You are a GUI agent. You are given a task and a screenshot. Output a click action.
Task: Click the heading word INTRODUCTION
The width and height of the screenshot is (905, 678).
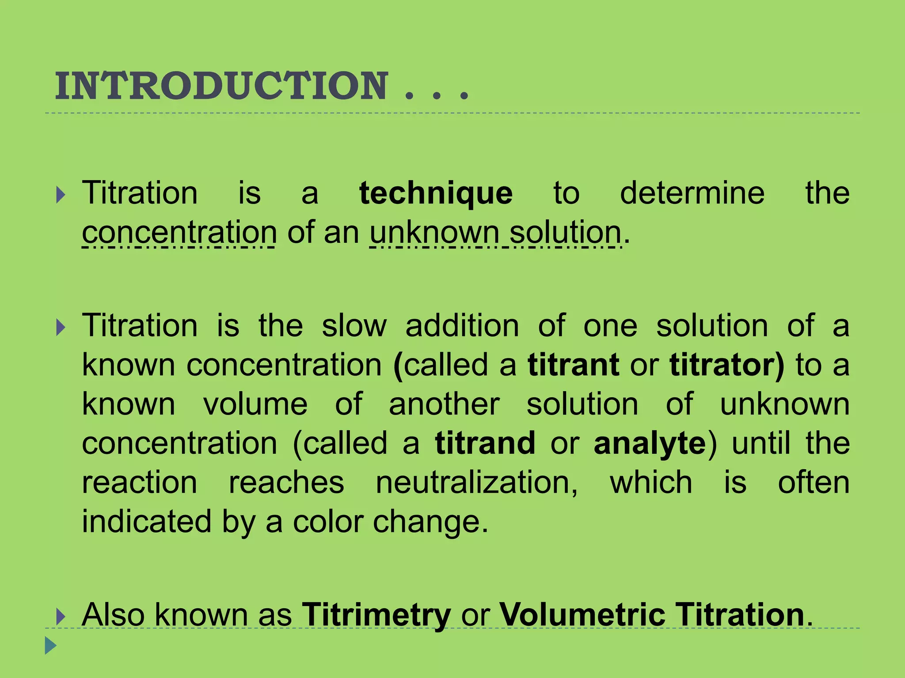click(221, 86)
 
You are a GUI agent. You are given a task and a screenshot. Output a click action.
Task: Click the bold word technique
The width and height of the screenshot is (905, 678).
click(436, 194)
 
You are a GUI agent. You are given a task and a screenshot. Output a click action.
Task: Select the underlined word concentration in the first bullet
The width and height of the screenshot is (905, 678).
click(179, 233)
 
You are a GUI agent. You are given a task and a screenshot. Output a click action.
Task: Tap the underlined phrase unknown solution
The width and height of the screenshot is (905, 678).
click(495, 233)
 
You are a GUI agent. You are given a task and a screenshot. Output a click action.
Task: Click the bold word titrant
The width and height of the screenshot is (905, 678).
click(573, 365)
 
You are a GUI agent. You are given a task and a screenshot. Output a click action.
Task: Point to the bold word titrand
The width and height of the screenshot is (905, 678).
click(485, 444)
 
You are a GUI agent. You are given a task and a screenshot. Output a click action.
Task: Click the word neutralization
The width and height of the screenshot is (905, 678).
click(476, 483)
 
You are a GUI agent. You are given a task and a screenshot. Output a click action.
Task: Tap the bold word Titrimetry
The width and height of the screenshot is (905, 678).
click(376, 615)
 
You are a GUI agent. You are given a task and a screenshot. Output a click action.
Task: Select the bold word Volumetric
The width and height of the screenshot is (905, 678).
click(582, 615)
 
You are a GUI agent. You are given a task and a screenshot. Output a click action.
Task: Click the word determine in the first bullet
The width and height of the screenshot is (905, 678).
click(692, 194)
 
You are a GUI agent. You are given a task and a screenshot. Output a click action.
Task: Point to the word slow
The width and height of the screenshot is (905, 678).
click(354, 326)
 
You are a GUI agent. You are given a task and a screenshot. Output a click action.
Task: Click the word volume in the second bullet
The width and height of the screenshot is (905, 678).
click(255, 404)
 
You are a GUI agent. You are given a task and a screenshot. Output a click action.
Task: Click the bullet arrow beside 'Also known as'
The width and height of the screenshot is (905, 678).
click(61, 616)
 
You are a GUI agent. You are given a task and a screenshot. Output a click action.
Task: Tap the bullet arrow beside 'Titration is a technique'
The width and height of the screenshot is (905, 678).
click(61, 195)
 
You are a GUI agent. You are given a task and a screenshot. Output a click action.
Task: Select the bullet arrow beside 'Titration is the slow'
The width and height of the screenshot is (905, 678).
click(61, 328)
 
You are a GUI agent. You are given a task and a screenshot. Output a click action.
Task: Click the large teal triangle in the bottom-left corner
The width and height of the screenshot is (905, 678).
click(51, 645)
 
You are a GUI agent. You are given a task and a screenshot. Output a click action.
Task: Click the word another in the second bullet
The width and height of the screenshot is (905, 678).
click(444, 404)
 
